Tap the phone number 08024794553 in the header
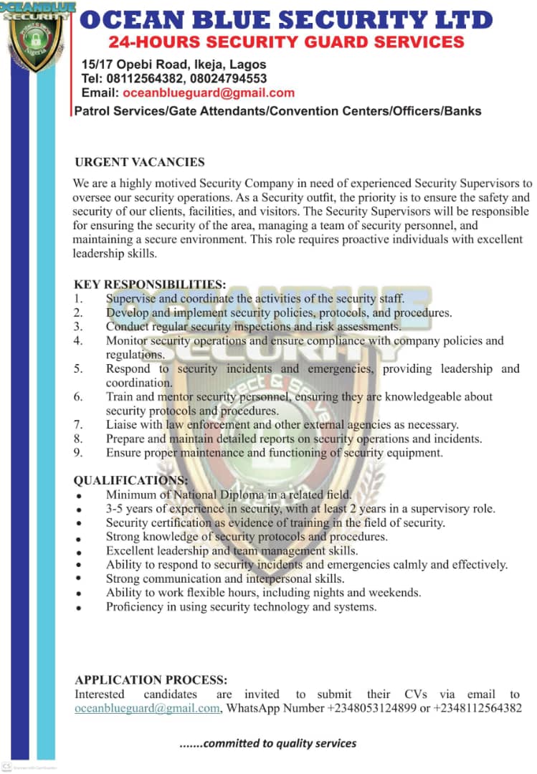[x=229, y=78]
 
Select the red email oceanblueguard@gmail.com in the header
[x=209, y=92]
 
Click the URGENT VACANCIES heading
[x=140, y=162]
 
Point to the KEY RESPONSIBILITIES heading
[x=150, y=285]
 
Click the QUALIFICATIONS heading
[x=131, y=480]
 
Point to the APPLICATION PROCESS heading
[x=151, y=680]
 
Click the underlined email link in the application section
[x=148, y=708]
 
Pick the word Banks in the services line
[x=462, y=111]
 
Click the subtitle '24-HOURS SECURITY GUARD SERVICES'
[x=286, y=42]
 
